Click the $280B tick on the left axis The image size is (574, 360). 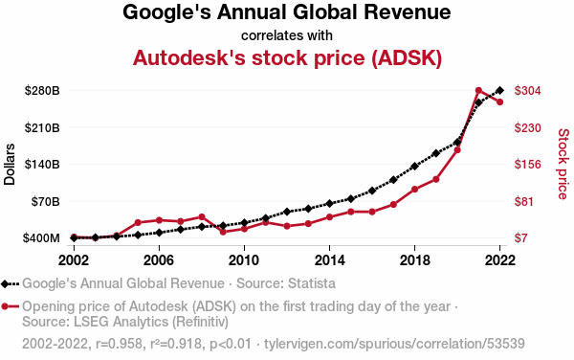(42, 90)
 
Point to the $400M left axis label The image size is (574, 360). (41, 238)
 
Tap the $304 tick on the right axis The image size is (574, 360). (527, 90)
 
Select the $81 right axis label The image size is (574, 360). (523, 201)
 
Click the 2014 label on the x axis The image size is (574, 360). (329, 260)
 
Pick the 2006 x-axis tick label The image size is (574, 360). (159, 260)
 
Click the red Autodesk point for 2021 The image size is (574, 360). (478, 90)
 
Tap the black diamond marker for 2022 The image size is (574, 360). (499, 90)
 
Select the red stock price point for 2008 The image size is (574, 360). (201, 217)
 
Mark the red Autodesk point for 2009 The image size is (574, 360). (223, 232)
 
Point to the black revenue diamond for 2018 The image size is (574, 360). (414, 167)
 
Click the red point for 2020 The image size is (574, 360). (457, 150)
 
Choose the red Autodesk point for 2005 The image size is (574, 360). (138, 223)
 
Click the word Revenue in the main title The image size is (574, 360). (407, 12)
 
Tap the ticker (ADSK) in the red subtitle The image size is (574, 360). (407, 58)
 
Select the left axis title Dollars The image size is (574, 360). (10, 164)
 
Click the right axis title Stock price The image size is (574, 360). (563, 164)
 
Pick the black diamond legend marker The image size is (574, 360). (5, 283)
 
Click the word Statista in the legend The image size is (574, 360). (312, 283)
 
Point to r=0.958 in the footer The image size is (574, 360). (119, 344)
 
